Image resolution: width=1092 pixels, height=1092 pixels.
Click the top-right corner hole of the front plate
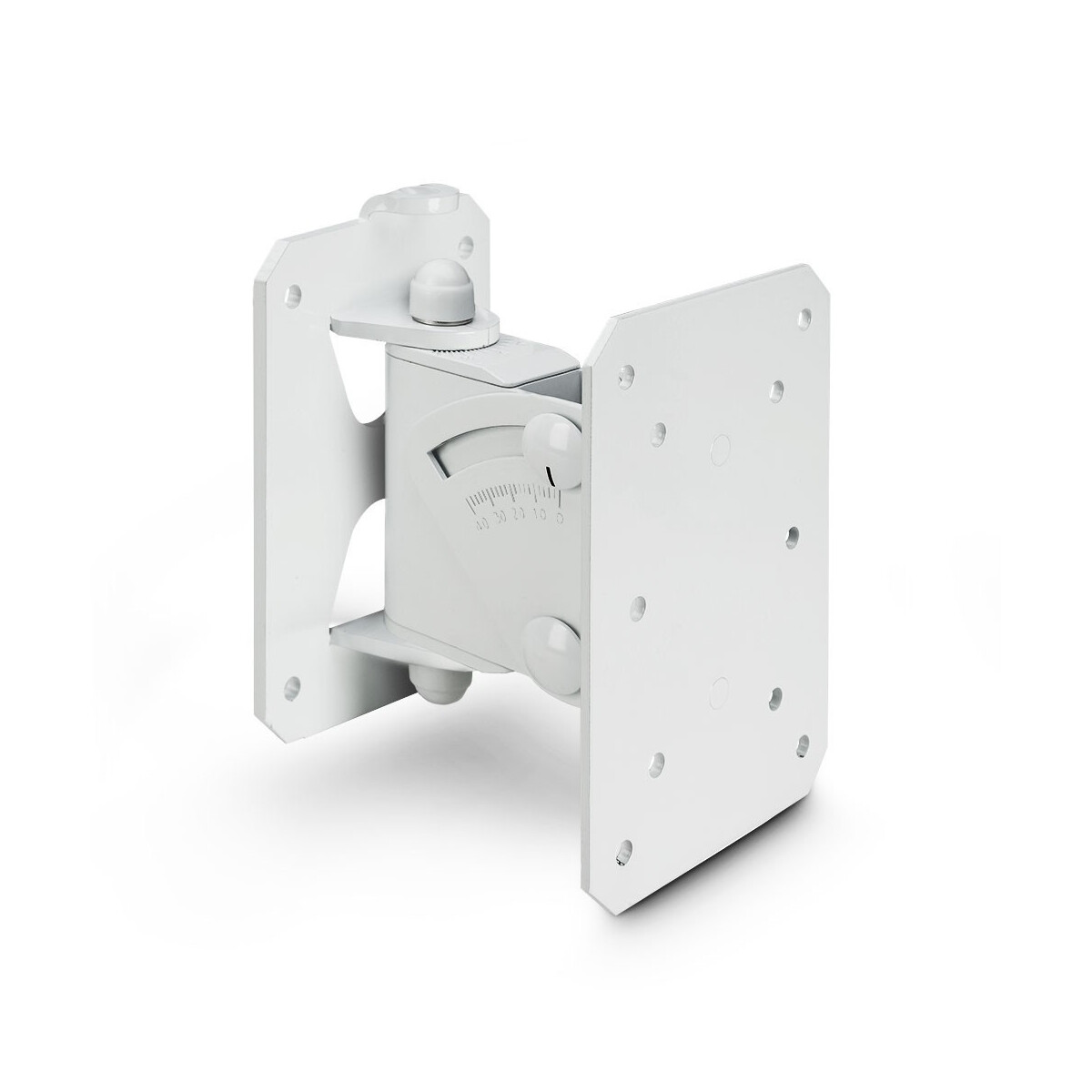click(x=804, y=318)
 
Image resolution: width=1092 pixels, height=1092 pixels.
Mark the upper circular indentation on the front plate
click(x=720, y=446)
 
